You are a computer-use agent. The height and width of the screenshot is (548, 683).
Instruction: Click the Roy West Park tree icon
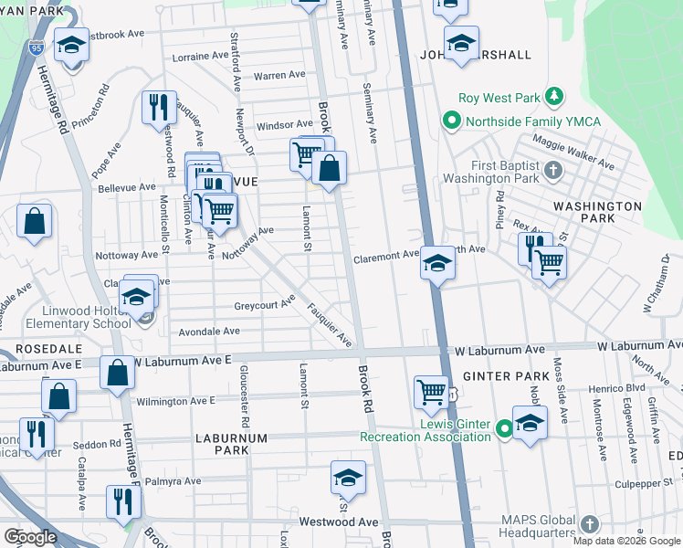pos(552,97)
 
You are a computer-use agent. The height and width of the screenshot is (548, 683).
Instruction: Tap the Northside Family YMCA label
pos(519,121)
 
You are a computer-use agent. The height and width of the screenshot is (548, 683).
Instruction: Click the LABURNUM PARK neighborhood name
pos(230,444)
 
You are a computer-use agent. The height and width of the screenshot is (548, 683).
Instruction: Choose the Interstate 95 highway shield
pos(35,47)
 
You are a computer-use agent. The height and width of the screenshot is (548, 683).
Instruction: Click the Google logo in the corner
pos(30,537)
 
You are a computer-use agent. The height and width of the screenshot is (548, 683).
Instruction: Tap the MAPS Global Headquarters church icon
pos(590,524)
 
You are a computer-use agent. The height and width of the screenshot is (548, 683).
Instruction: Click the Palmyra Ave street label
pos(168,481)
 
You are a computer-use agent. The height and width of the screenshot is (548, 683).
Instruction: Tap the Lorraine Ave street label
pos(200,57)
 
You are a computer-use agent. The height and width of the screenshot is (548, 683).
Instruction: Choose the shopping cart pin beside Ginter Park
pos(431,392)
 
